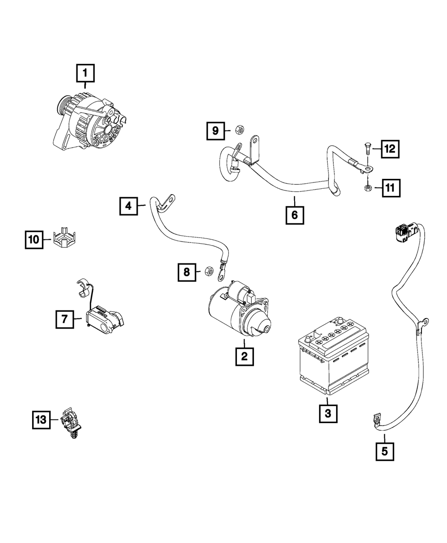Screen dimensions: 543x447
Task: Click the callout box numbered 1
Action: click(85, 74)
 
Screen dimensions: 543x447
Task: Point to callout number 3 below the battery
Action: click(328, 413)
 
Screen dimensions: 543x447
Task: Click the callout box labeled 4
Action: click(128, 206)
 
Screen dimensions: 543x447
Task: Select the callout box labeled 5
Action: click(385, 451)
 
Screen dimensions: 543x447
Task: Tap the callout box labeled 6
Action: click(295, 215)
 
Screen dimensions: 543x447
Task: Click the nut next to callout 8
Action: click(208, 271)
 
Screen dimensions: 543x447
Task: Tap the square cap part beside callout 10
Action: click(65, 239)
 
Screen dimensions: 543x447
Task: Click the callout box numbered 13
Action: click(41, 420)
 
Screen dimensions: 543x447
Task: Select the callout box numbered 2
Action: click(244, 356)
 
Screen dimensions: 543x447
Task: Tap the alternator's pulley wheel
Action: click(61, 107)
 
